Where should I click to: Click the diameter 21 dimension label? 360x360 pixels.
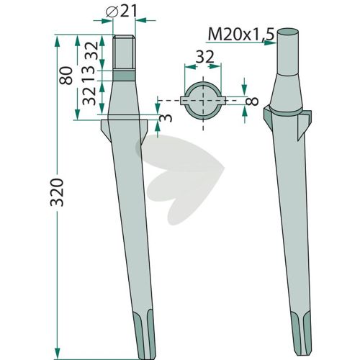[x=121, y=12]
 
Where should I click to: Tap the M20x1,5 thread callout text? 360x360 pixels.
[x=240, y=34]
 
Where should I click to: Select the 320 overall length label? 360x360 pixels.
[x=57, y=192]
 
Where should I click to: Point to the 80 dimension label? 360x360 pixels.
[x=66, y=76]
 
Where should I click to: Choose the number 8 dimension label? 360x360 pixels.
[x=252, y=102]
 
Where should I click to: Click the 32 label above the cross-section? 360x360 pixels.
[x=204, y=58]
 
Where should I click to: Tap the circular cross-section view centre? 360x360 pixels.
[x=203, y=101]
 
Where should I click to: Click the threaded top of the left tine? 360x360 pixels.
[x=124, y=53]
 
